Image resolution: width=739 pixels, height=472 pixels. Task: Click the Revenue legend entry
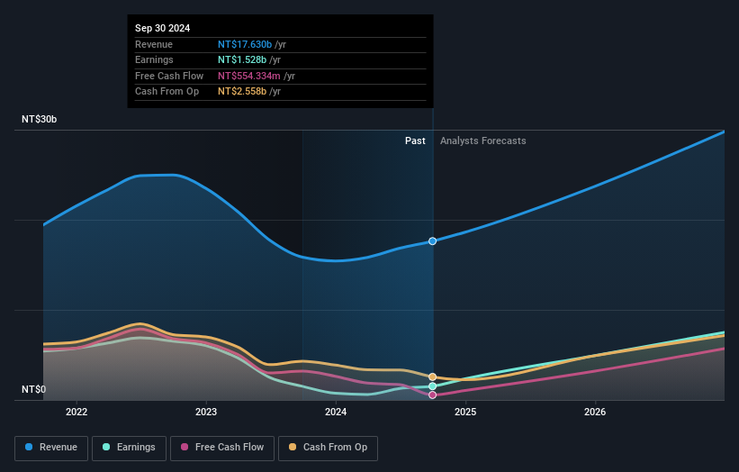click(51, 448)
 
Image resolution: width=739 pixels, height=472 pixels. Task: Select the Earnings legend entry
click(129, 448)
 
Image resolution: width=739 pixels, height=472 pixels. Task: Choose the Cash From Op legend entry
click(329, 448)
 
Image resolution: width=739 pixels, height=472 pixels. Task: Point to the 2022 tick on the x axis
click(77, 413)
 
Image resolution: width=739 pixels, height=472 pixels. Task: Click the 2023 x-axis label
click(206, 413)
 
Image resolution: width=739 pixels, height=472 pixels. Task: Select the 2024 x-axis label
click(336, 413)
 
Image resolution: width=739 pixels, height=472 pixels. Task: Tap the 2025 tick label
click(465, 413)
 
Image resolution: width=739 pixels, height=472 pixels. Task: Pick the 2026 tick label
click(595, 413)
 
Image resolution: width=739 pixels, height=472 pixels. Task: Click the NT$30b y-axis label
click(40, 119)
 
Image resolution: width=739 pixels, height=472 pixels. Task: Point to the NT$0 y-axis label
click(33, 389)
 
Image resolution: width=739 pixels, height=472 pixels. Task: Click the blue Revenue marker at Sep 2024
click(433, 241)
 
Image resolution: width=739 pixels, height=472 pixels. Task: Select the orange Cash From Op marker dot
click(433, 377)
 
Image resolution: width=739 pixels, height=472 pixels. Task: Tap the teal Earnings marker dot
click(433, 386)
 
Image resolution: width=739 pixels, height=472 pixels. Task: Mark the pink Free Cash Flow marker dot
click(433, 395)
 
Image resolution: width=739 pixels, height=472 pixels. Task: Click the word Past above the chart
click(415, 141)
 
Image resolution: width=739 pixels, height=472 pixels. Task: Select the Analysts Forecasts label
click(482, 141)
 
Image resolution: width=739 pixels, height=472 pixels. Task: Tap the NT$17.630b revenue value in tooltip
click(244, 44)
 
